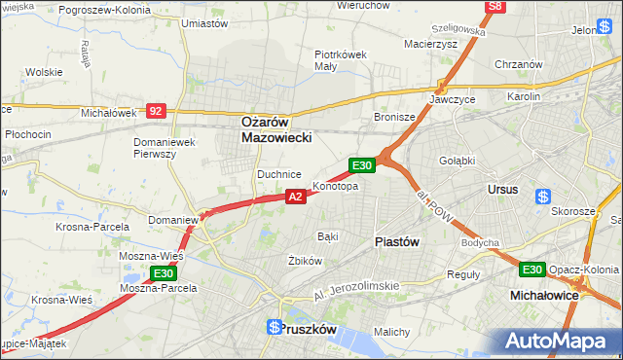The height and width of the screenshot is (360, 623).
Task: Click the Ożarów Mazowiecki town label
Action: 276,130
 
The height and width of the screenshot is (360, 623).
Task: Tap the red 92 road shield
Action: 156,111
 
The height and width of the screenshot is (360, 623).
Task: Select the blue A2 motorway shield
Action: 297,197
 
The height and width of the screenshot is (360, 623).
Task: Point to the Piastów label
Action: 397,242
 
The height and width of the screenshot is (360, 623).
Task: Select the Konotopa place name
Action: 335,186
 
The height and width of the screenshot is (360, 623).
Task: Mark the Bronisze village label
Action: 395,117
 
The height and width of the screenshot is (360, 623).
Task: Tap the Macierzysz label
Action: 431,43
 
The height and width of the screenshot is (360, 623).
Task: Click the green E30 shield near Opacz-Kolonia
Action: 531,270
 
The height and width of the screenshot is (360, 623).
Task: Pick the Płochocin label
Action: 27,133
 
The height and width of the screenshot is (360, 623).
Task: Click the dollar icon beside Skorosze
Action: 543,197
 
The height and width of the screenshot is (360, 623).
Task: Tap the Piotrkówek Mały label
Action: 340,60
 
